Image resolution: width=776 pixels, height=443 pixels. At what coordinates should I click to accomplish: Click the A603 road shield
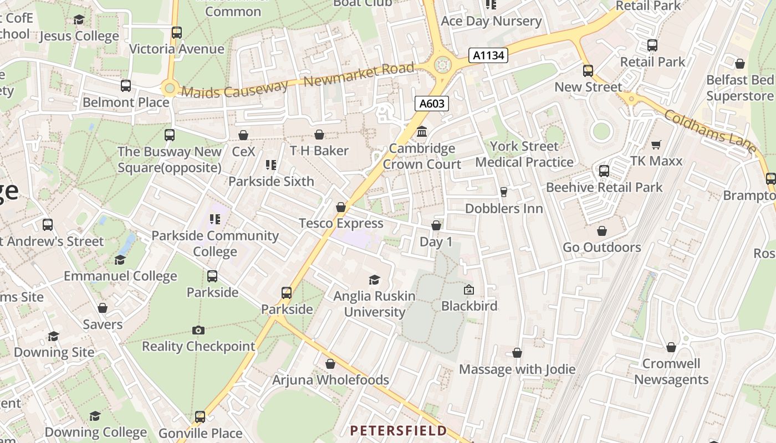432,104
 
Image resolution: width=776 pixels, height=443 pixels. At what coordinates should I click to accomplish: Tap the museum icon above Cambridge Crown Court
422,132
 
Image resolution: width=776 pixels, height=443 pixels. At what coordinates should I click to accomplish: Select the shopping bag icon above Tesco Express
341,207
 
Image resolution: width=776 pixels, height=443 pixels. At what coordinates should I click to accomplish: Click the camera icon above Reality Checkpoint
198,331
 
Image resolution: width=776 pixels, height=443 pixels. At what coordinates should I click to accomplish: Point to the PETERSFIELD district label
398,430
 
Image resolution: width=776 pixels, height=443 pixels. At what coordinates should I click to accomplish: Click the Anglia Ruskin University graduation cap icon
375,280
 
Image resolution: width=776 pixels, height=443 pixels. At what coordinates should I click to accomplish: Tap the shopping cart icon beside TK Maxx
656,145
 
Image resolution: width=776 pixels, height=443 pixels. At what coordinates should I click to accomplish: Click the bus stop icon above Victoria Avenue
177,33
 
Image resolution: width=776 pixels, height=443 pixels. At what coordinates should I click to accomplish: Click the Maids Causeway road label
235,88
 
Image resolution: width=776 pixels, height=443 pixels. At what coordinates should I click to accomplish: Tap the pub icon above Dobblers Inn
504,192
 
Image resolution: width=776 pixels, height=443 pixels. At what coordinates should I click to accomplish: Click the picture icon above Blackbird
469,290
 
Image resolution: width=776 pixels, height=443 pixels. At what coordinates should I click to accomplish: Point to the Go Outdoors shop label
602,247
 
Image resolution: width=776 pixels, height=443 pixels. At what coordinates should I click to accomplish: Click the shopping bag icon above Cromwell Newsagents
671,347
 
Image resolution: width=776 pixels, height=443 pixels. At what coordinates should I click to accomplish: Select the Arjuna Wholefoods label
330,380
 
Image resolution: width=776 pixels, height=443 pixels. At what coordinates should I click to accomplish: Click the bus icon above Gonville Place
200,417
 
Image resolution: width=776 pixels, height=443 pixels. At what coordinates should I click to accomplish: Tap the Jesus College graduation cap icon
79,20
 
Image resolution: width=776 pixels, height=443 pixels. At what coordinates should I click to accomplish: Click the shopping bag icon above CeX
243,135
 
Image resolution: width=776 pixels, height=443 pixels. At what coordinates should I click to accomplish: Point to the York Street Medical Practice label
524,154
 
